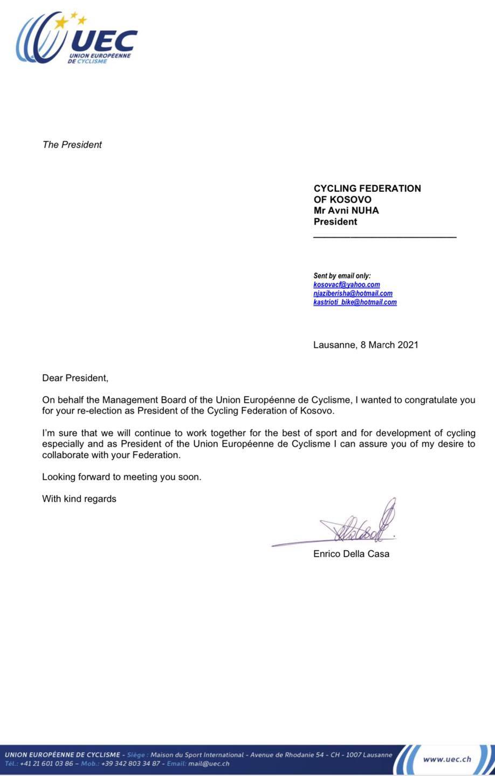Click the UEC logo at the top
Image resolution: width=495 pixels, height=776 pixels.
point(75,39)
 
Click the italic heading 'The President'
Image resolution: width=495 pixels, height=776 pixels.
point(72,144)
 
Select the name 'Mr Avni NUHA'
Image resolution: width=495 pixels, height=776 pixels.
point(346,210)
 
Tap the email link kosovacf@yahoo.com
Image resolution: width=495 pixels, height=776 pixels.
point(347,285)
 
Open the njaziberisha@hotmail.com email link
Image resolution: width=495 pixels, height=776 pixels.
point(353,293)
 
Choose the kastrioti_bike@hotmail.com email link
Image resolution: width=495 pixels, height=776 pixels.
point(355,302)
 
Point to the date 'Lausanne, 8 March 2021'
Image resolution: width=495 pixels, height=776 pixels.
point(366,345)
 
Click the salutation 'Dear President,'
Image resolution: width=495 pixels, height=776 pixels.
point(75,378)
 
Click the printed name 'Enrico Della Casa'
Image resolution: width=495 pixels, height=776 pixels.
point(351,553)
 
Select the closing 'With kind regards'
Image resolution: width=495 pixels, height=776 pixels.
point(79,499)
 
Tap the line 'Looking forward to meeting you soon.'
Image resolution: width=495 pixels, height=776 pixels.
point(121,477)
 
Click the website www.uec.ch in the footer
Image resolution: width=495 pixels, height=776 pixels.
point(447,759)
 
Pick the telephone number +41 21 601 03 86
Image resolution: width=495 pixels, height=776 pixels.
point(46,764)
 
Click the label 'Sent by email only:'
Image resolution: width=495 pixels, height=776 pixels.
point(342,276)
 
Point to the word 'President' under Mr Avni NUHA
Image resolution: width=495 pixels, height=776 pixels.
point(335,221)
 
